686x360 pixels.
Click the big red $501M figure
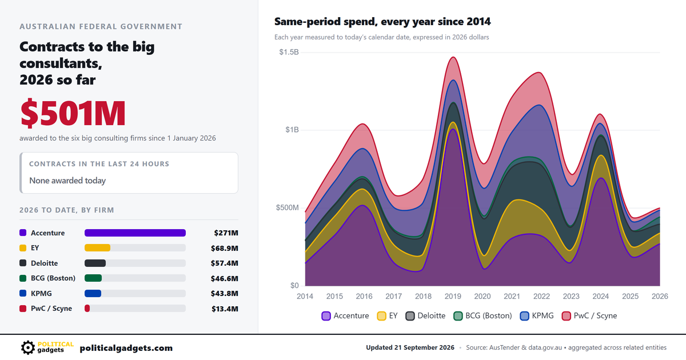(x=73, y=113)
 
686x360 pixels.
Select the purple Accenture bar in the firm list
(x=135, y=233)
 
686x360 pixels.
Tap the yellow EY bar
(x=97, y=247)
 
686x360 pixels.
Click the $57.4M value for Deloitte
(x=224, y=263)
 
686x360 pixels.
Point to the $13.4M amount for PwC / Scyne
(x=225, y=309)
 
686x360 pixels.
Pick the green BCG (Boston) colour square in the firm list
(x=23, y=278)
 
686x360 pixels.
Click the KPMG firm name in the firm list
(x=41, y=293)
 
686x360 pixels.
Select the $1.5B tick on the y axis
(x=289, y=52)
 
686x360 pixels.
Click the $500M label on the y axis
(x=287, y=207)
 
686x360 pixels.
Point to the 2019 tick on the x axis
(x=453, y=296)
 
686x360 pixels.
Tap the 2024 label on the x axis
(x=601, y=296)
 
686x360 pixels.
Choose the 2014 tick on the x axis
(x=305, y=296)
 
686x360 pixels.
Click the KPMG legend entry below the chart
(x=537, y=315)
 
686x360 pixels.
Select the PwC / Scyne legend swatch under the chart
(x=567, y=316)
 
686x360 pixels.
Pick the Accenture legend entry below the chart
(x=345, y=315)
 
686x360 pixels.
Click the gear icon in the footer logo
(x=28, y=348)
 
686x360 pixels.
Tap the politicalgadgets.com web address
(x=126, y=348)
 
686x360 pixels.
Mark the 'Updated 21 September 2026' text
(x=410, y=347)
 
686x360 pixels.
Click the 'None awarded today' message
(x=67, y=181)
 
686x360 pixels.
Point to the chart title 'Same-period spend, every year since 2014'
(x=382, y=22)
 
